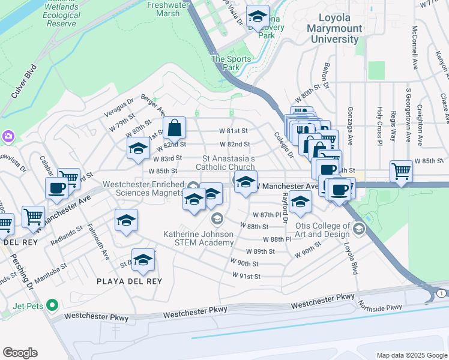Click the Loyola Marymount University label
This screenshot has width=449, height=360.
(x=334, y=29)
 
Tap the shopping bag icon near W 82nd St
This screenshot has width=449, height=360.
(x=174, y=128)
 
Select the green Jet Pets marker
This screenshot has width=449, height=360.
(x=52, y=305)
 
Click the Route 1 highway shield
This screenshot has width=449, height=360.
(x=441, y=292)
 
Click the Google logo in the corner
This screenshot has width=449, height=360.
(x=20, y=352)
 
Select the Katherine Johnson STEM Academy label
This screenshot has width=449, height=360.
(x=199, y=238)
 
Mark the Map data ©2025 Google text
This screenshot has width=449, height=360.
(x=411, y=355)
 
